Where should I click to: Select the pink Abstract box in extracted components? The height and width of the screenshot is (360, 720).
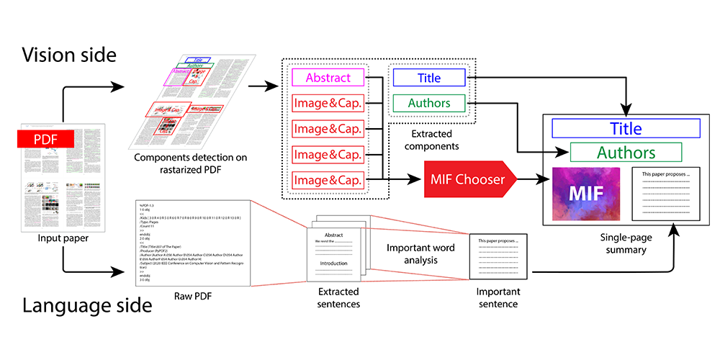click(328, 78)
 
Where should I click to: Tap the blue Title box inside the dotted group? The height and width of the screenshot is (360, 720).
click(429, 78)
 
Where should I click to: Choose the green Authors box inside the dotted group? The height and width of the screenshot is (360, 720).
click(429, 104)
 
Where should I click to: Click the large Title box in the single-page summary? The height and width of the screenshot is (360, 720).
click(625, 128)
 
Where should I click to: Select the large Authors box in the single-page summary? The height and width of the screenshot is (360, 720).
click(625, 153)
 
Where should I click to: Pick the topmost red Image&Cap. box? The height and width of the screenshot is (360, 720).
click(328, 104)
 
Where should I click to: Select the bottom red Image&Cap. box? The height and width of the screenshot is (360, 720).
click(328, 180)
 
